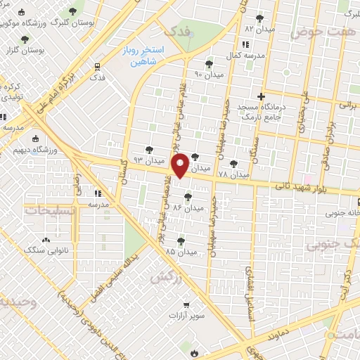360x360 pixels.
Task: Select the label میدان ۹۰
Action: point(208,74)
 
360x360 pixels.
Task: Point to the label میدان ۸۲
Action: point(259,29)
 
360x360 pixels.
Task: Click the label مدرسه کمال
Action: point(245,54)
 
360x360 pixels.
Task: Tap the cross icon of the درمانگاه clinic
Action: point(261,96)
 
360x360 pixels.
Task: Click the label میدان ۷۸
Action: point(233,174)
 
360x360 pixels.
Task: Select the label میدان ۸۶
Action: point(187,208)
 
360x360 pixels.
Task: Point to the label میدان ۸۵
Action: point(181,250)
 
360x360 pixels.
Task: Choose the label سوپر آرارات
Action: point(186,316)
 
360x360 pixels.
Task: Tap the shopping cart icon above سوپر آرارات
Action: point(186,305)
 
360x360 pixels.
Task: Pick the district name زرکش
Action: point(162,276)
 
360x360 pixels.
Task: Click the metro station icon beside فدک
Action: point(97,67)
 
